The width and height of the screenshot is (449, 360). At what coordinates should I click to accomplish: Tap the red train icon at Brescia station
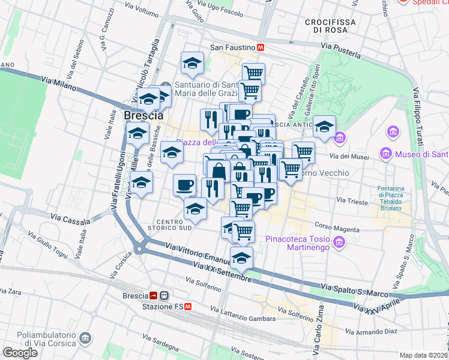coord(154,296)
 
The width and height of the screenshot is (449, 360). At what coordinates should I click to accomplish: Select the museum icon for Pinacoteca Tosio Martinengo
coord(340,242)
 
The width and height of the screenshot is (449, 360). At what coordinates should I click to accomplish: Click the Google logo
coord(20,352)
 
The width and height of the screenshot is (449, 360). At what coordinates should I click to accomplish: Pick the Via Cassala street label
coord(67,219)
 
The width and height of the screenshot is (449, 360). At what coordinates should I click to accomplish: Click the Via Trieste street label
coord(352,202)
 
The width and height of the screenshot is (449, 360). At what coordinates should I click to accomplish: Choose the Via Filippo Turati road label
coord(419,117)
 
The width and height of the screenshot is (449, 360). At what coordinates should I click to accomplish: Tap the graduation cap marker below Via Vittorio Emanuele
coord(241,258)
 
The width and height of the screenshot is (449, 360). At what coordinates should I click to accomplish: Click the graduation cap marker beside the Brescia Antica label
coord(324,127)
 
